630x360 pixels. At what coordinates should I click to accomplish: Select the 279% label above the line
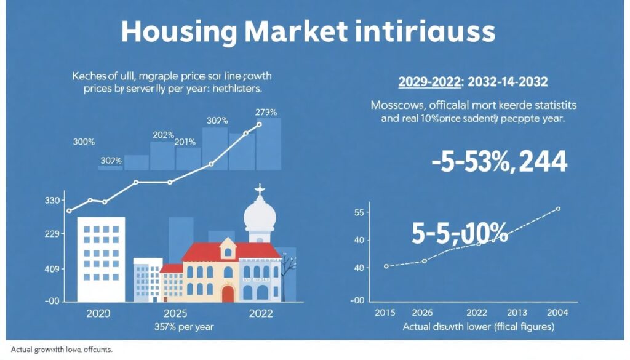point(266,112)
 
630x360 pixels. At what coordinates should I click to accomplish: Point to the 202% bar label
point(164,135)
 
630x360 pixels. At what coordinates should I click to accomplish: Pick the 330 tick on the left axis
point(52,201)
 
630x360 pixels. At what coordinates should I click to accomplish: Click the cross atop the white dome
point(259,190)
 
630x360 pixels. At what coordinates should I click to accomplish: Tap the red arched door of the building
point(228,293)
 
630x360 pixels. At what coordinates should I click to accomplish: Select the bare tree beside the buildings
point(287,271)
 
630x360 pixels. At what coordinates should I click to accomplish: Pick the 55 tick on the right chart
point(359,213)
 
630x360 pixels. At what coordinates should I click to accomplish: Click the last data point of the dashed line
point(558,209)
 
